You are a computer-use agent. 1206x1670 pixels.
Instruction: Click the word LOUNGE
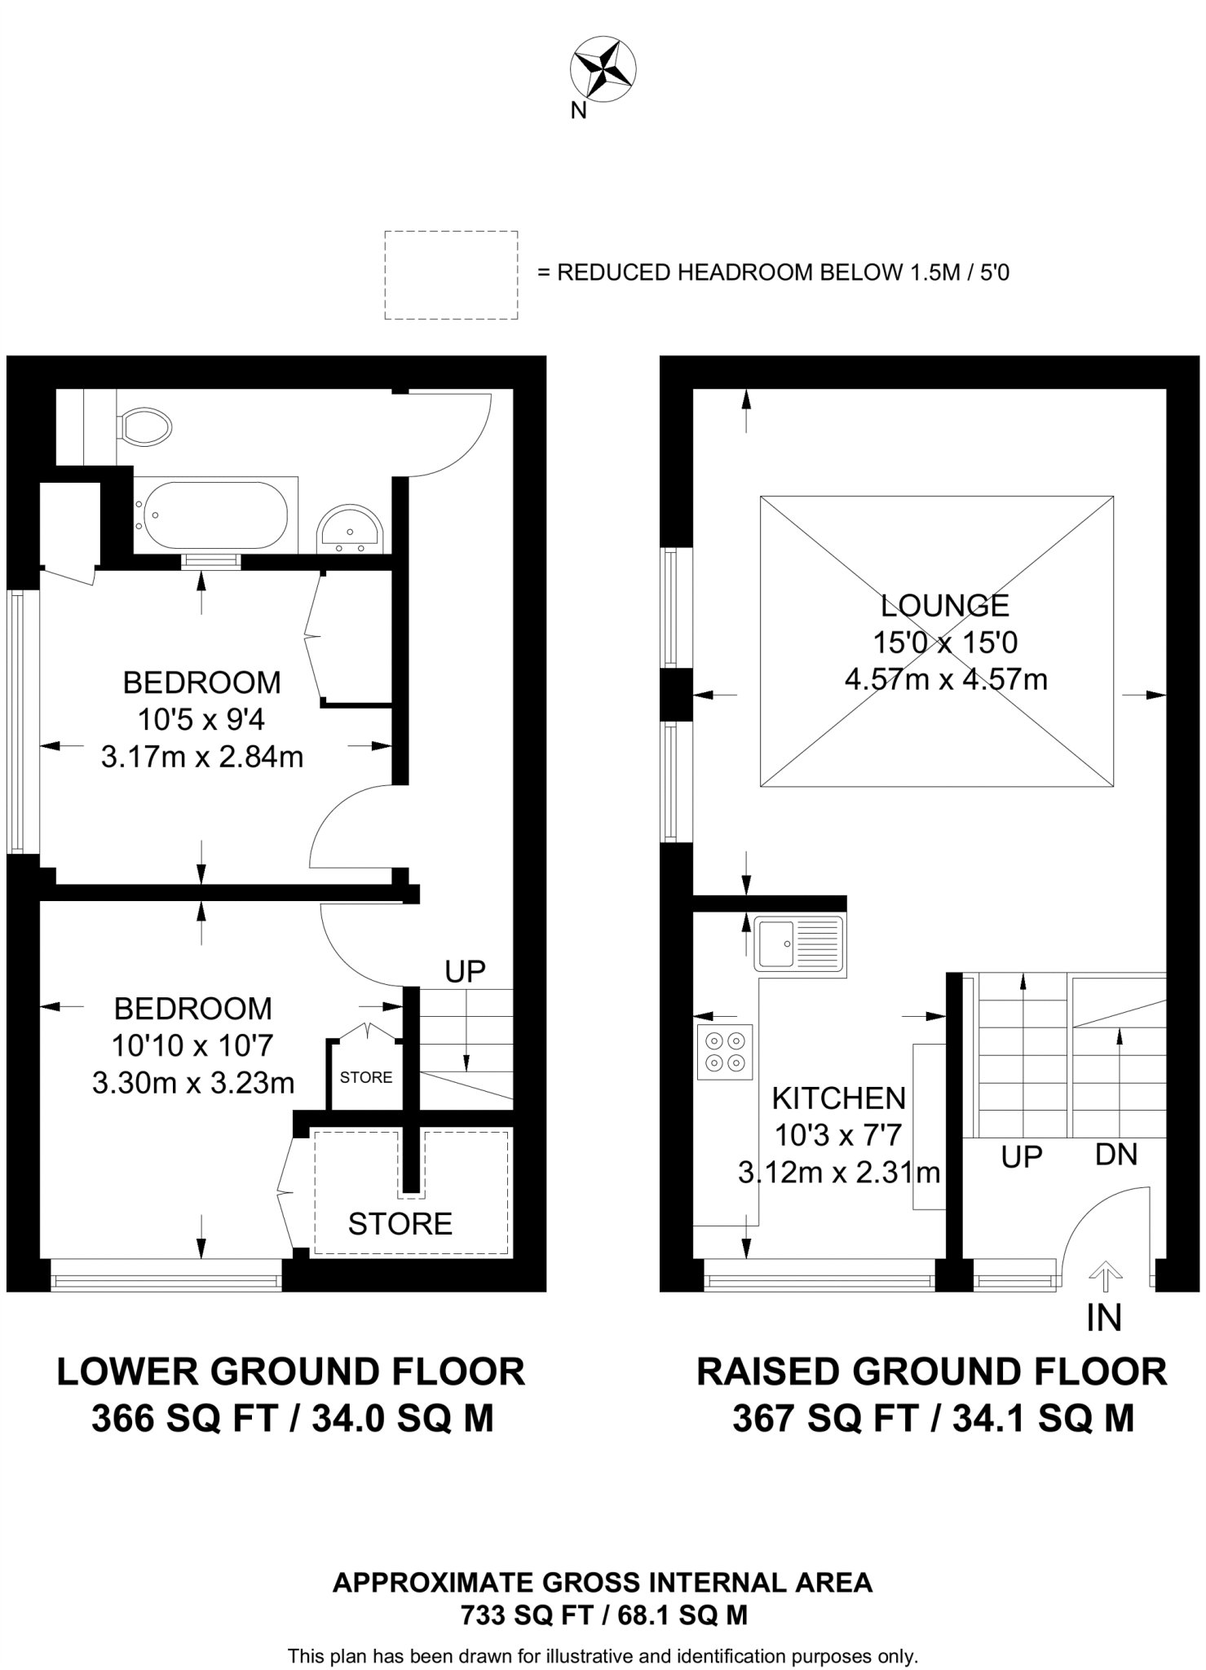(x=945, y=605)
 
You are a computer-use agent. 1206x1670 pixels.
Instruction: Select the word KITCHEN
(x=839, y=1098)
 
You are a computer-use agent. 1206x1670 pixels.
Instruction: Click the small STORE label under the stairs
(x=366, y=1077)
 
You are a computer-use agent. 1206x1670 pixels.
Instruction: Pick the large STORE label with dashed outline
(x=400, y=1223)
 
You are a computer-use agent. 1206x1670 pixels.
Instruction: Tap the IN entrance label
(x=1105, y=1319)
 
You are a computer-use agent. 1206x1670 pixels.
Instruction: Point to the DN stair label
(x=1116, y=1154)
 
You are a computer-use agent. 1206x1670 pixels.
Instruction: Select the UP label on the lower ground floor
(x=466, y=971)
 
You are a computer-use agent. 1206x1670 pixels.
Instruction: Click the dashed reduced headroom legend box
(x=451, y=275)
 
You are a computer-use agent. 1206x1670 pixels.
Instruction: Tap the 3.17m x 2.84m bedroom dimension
(x=202, y=757)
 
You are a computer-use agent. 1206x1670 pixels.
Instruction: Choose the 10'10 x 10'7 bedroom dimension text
(x=193, y=1045)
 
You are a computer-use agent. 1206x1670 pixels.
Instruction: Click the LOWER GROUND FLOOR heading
(x=290, y=1372)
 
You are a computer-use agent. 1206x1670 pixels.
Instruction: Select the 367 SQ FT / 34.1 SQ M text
(x=933, y=1419)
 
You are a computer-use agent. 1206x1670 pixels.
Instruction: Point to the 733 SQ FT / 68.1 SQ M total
(x=604, y=1615)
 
